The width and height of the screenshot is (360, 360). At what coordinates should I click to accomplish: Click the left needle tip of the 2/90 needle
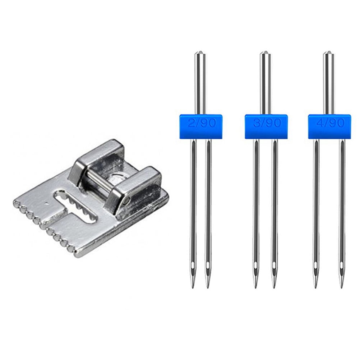tap(193, 287)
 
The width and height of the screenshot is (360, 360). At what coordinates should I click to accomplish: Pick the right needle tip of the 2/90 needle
tap(208, 287)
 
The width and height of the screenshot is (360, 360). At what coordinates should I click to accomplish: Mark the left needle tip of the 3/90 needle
tap(255, 287)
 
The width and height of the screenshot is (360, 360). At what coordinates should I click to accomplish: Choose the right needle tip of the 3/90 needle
tap(274, 287)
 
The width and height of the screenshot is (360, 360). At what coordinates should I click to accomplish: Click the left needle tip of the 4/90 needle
tap(315, 287)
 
